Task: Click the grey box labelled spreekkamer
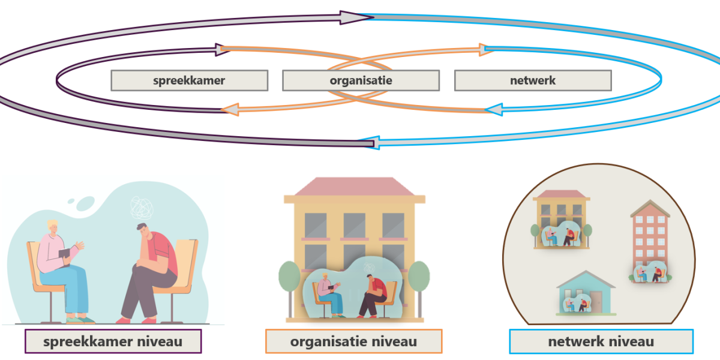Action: pos(190,80)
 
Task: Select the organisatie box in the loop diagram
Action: pos(361,80)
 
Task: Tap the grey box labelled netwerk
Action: pos(533,80)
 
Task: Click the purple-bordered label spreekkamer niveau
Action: pos(113,341)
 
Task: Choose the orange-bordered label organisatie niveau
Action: pos(353,341)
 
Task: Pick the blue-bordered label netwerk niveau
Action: pos(601,341)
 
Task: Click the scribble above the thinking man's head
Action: pos(142,208)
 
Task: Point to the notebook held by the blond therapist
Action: pos(64,254)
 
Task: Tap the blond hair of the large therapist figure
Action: pos(52,224)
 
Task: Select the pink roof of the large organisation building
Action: pos(354,187)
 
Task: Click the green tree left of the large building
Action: pos(289,277)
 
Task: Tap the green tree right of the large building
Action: pos(419,277)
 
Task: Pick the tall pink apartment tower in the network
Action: pos(650,238)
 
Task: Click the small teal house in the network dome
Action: pos(586,293)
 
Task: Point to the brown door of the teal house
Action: pos(596,302)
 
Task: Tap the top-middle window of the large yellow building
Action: pos(354,225)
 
